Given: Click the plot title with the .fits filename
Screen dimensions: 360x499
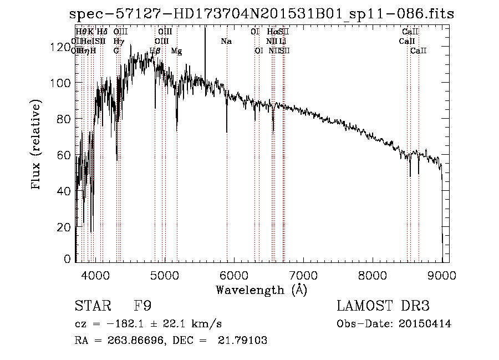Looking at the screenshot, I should click(261, 14).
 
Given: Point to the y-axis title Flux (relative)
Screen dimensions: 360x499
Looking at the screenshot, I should click(37, 145).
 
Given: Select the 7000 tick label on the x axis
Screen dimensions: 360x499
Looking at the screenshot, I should click(303, 275).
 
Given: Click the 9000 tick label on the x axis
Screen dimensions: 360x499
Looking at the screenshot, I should click(442, 275).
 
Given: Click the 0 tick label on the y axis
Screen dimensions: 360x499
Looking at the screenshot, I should click(68, 259).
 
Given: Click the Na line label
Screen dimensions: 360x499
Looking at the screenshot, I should click(226, 42).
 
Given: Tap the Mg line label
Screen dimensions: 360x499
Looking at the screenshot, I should click(176, 51).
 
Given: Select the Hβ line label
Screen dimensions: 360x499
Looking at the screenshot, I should click(155, 51).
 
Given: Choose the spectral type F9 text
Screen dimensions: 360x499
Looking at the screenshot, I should click(142, 306).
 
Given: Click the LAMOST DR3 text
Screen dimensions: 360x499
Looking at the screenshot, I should click(383, 306).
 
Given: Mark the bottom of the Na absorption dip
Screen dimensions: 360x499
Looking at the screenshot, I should click(227, 131).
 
